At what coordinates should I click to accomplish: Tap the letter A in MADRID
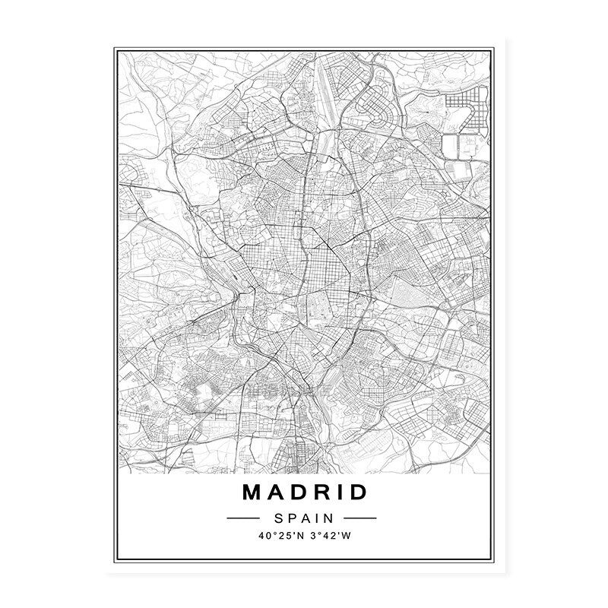(278, 492)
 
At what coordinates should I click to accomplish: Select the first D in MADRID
(300, 492)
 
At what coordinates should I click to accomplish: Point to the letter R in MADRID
(323, 492)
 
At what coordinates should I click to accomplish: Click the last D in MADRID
(357, 492)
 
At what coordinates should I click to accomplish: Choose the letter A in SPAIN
(304, 518)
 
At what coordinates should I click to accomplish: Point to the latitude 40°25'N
(279, 537)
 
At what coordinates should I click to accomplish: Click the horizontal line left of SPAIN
(244, 518)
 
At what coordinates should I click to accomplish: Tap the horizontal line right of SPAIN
(360, 518)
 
